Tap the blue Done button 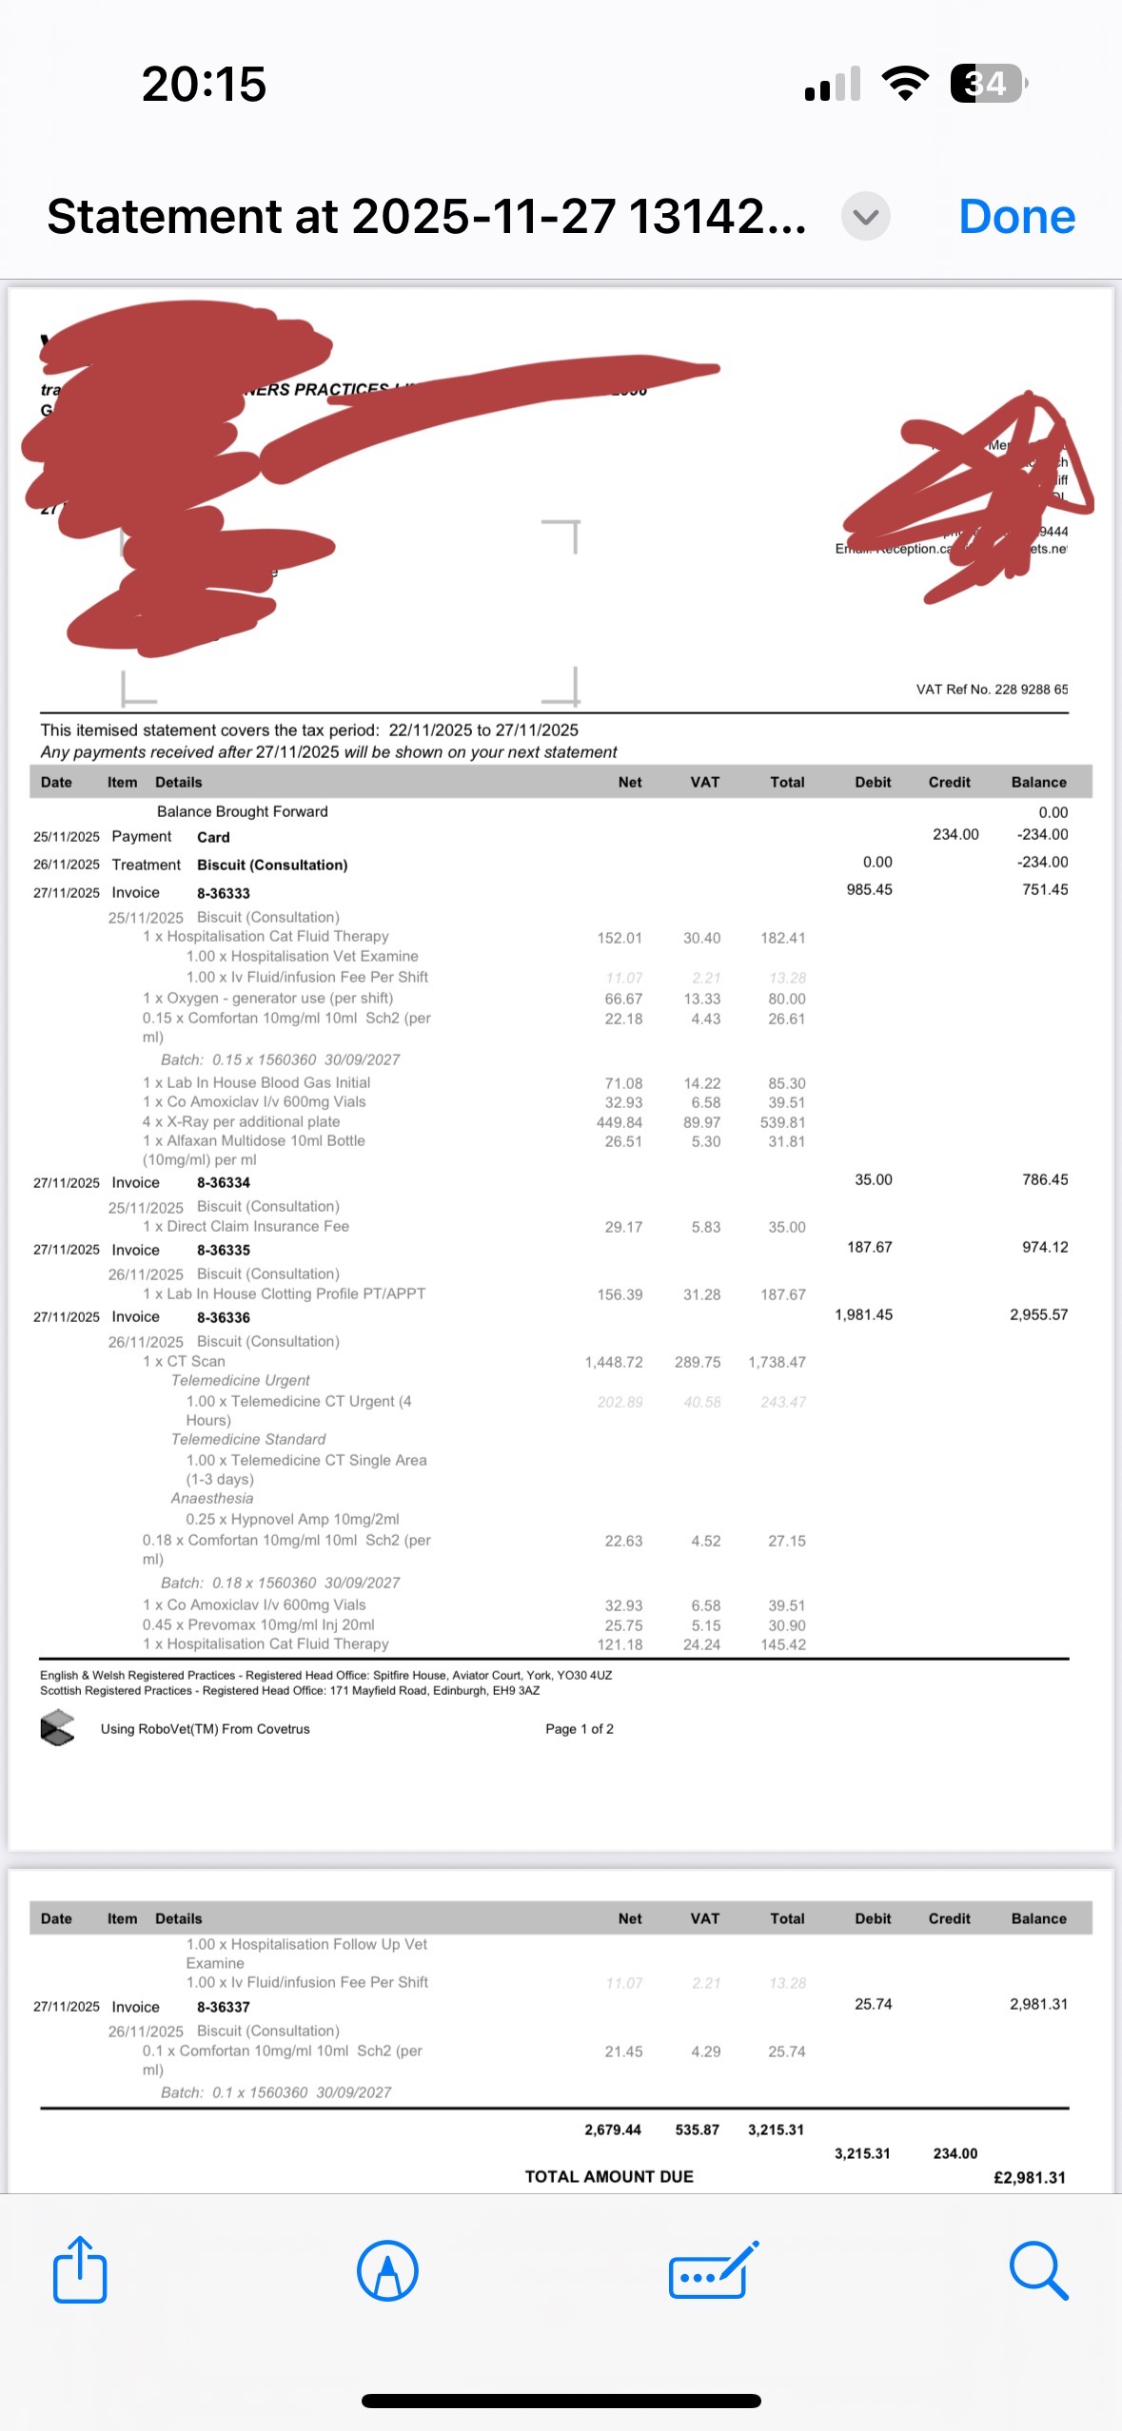1016,217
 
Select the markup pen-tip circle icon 387,2270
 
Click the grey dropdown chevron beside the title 865,217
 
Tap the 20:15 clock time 204,84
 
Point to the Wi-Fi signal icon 905,84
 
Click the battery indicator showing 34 988,84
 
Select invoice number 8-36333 224,893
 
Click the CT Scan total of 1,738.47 777,1362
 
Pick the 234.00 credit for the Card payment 955,834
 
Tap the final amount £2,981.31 1030,2177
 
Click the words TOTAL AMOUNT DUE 609,2176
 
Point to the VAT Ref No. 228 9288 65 992,689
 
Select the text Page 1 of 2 580,1728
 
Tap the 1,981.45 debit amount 863,1314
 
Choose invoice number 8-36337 224,2007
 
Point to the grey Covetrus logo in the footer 57,1728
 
